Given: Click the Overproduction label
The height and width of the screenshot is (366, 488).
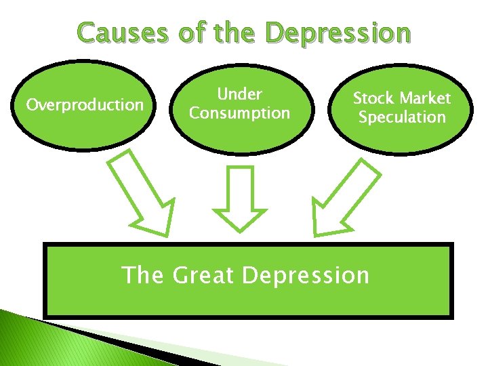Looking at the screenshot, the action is click(x=85, y=105).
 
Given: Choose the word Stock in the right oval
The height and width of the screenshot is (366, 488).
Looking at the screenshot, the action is click(x=373, y=98).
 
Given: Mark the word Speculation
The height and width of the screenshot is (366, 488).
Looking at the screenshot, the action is click(x=402, y=117).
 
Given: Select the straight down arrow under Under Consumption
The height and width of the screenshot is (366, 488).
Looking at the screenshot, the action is click(x=241, y=197).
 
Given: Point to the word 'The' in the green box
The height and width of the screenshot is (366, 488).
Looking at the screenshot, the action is click(x=142, y=276).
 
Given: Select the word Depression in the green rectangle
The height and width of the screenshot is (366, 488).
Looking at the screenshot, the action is click(x=305, y=276).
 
